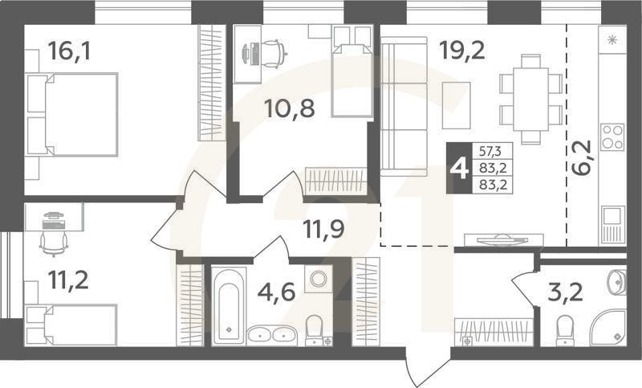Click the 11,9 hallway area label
click(323, 230)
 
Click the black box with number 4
click(460, 169)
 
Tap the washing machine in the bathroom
click(321, 279)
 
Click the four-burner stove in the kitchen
click(612, 137)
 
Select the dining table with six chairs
click(530, 99)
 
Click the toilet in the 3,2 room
click(566, 329)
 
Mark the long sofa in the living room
click(393, 108)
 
